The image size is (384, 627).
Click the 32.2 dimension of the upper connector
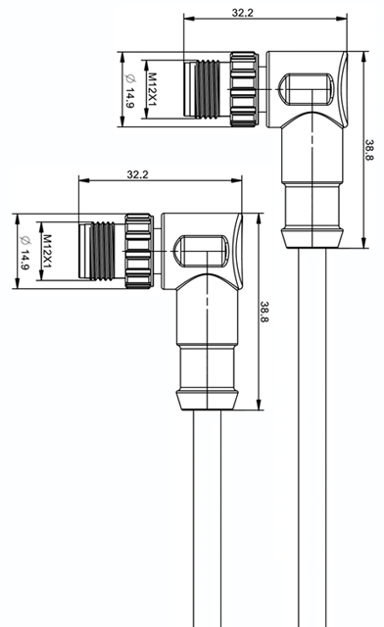pos(242,13)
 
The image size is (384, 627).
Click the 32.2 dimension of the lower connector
pos(137,174)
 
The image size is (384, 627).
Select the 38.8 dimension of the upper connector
pos(368,150)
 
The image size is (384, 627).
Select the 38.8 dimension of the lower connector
pos(264,312)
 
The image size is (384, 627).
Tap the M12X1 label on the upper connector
pos(152,89)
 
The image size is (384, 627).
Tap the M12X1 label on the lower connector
pos(47,251)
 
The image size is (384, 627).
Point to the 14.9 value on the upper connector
pos(129,98)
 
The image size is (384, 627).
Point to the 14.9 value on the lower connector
pos(24,260)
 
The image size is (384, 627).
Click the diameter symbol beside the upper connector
pos(129,78)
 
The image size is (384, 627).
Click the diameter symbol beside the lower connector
pos(24,240)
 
